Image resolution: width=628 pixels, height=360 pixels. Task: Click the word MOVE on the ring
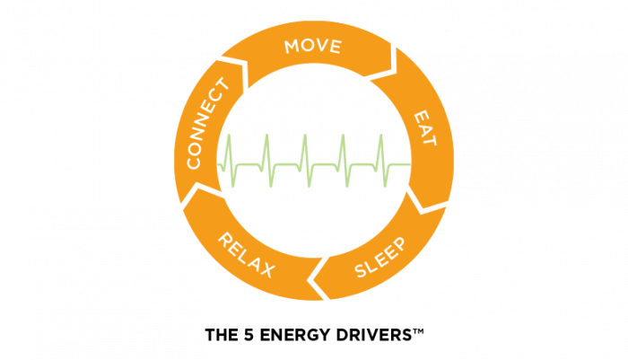tap(313, 46)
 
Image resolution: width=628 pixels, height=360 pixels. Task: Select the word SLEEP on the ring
tap(379, 258)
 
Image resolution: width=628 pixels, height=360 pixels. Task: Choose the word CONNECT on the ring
tap(207, 124)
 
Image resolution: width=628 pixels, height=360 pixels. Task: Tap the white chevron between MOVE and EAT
tap(389, 63)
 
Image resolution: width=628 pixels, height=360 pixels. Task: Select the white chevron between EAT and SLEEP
tap(423, 199)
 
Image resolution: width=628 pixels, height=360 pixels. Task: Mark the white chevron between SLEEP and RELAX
tap(316, 281)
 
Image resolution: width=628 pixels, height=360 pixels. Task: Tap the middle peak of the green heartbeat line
tap(305, 137)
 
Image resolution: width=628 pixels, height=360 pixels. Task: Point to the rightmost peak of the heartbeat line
tap(380, 137)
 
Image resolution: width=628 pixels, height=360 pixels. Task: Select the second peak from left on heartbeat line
tap(267, 137)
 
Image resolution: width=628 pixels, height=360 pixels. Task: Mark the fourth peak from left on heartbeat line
tap(343, 137)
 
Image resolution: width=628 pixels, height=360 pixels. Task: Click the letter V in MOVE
tap(322, 45)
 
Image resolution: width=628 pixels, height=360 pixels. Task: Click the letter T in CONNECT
tap(220, 88)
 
